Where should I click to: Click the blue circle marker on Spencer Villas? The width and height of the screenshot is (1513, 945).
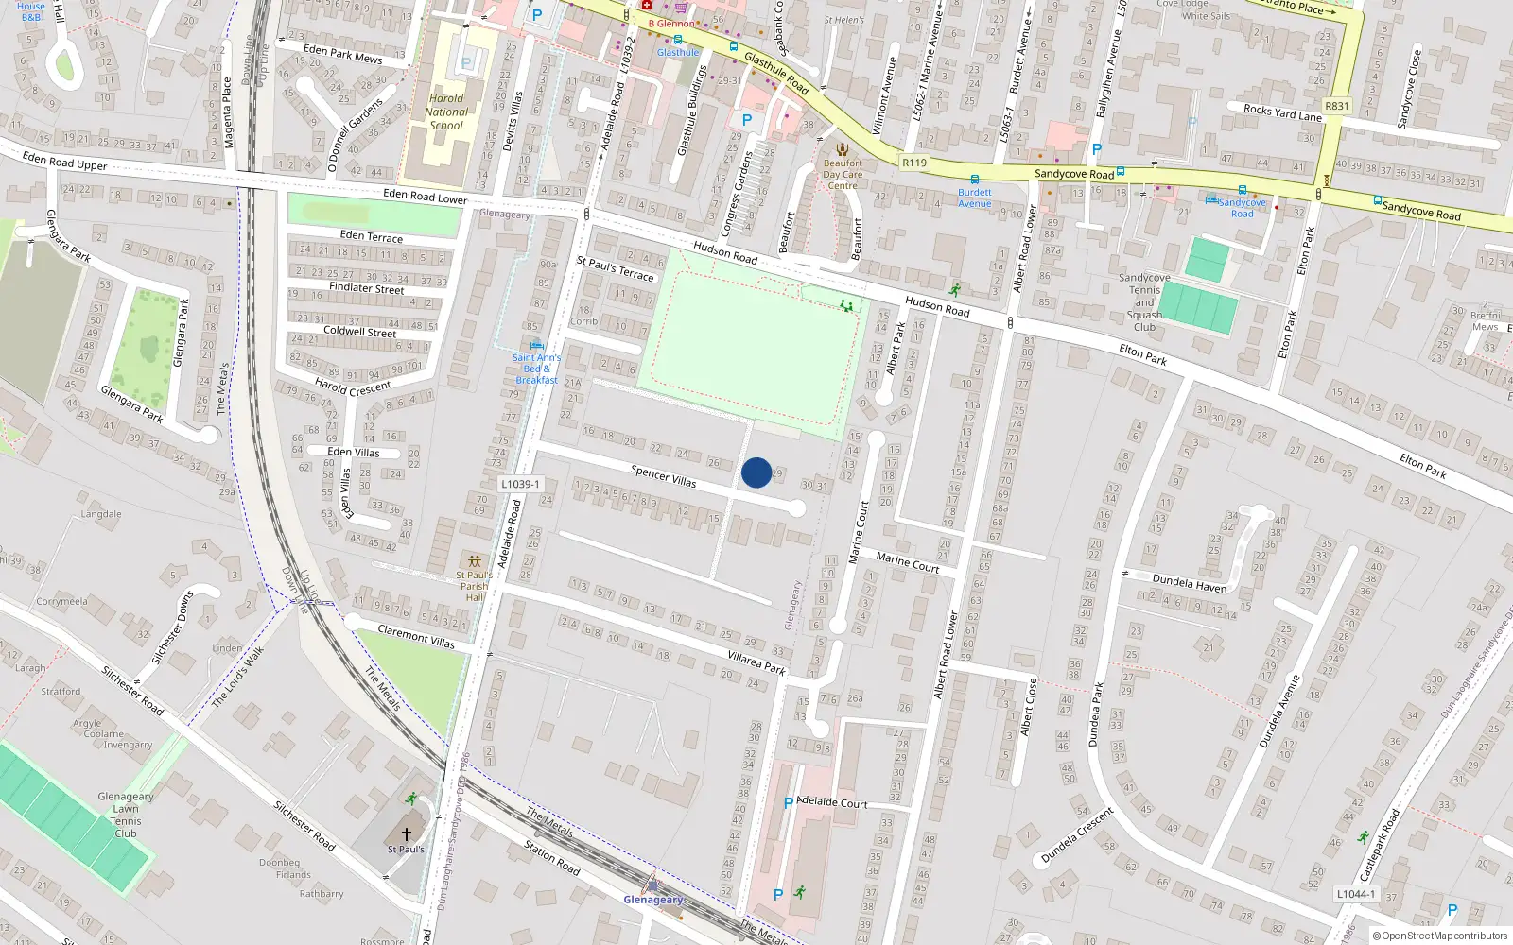pyautogui.click(x=756, y=472)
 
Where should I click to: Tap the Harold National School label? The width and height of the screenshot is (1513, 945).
pyautogui.click(x=447, y=112)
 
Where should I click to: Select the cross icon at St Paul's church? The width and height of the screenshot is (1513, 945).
pyautogui.click(x=407, y=833)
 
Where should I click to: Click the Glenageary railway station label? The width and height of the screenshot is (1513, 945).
pyautogui.click(x=652, y=900)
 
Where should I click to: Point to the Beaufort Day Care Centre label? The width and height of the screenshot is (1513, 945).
pyautogui.click(x=843, y=174)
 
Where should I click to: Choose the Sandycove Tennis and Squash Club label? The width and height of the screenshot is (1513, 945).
pyautogui.click(x=1144, y=302)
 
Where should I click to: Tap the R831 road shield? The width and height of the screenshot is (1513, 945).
pyautogui.click(x=1337, y=106)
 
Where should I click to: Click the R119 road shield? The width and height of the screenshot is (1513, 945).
pyautogui.click(x=914, y=163)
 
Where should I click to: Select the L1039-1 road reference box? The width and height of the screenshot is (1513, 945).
pyautogui.click(x=520, y=484)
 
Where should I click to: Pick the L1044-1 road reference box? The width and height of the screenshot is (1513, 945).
pyautogui.click(x=1356, y=894)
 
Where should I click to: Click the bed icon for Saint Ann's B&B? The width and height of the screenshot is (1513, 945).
pyautogui.click(x=536, y=345)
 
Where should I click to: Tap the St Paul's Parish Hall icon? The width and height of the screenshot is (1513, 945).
pyautogui.click(x=474, y=561)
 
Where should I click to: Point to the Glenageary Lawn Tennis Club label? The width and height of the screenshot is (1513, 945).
pyautogui.click(x=126, y=815)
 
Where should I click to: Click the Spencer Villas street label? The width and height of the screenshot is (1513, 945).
pyautogui.click(x=664, y=476)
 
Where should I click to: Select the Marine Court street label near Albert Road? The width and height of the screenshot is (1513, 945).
pyautogui.click(x=908, y=562)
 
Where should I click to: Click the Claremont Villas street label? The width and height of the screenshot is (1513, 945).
pyautogui.click(x=416, y=636)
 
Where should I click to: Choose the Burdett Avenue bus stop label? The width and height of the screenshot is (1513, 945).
pyautogui.click(x=975, y=198)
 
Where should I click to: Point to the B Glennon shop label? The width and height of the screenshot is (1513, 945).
pyautogui.click(x=671, y=24)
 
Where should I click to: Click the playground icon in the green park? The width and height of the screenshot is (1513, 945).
pyautogui.click(x=846, y=305)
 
